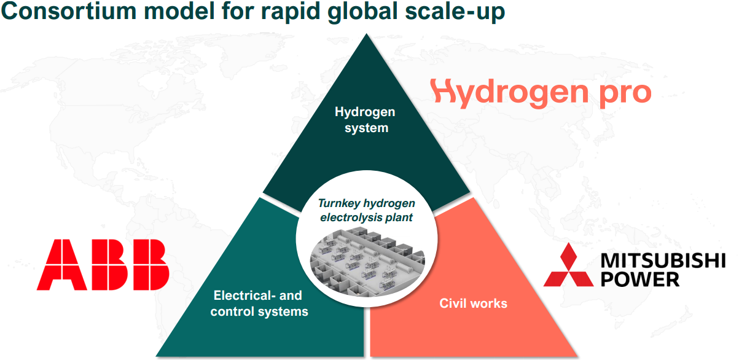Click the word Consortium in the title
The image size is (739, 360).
pos(69,11)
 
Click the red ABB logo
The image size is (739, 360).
pos(103,265)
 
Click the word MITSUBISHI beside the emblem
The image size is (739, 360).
pos(663,260)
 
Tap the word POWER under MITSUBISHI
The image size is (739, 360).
pos(639,280)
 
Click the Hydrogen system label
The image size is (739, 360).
pos(366,119)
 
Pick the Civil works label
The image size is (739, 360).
pos(473,303)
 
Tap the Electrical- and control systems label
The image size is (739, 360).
pos(259,303)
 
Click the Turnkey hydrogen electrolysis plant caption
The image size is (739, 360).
pos(366,210)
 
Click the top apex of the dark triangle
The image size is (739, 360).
pos(366,34)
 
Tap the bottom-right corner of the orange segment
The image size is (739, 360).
pos(577,356)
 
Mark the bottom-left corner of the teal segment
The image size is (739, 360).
pos(157,356)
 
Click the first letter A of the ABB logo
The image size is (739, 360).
pos(61,265)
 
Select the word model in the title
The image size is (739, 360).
pos(179,11)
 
